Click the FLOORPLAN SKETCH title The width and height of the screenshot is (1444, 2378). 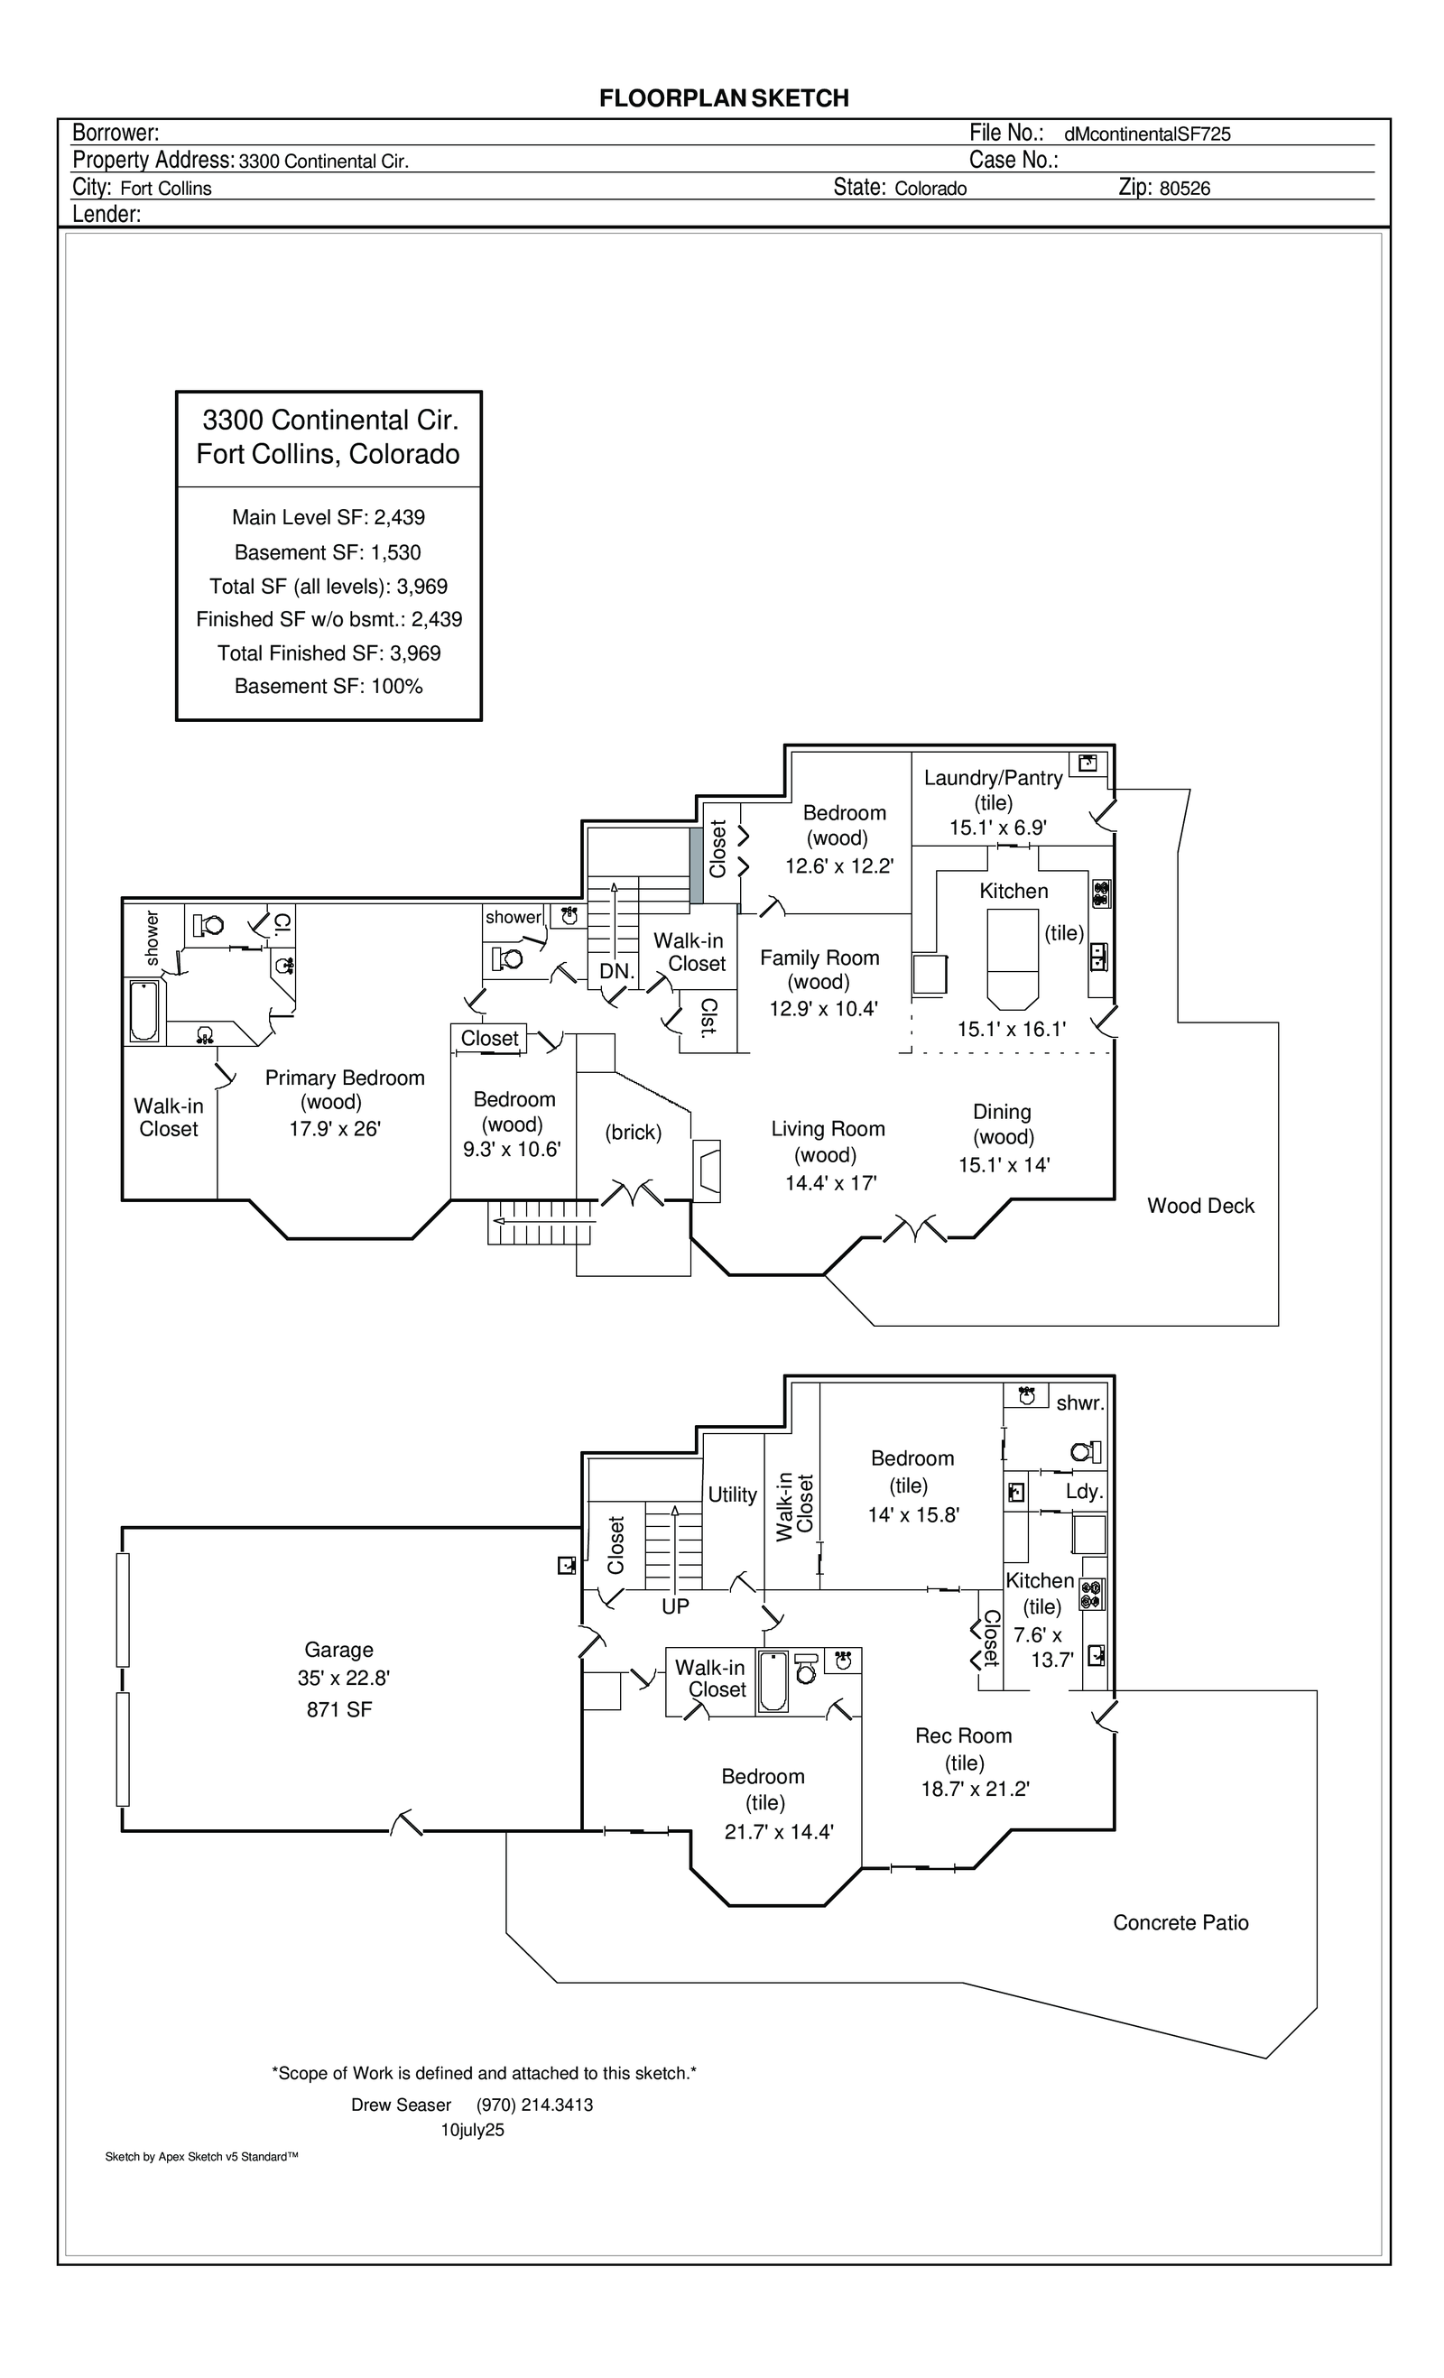(x=724, y=98)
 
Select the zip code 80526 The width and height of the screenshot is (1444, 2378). (x=1184, y=189)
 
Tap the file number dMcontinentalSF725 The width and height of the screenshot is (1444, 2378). (x=1147, y=135)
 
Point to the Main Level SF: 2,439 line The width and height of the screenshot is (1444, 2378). (x=329, y=517)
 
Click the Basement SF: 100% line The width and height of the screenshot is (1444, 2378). (x=329, y=686)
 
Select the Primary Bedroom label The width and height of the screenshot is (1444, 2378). (x=345, y=1078)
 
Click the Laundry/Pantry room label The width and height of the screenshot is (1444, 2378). (x=994, y=778)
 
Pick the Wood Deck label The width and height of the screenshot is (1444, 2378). (x=1200, y=1206)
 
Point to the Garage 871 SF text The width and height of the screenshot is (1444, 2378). (x=338, y=1709)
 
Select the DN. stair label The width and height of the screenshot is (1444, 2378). (x=616, y=971)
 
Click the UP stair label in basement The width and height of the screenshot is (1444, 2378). (x=676, y=1605)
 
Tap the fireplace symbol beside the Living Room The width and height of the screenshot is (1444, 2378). (x=708, y=1170)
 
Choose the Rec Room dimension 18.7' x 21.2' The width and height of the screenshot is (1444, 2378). (x=975, y=1789)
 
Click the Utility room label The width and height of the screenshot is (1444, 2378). (x=733, y=1494)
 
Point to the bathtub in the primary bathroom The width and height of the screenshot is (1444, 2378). (x=144, y=1011)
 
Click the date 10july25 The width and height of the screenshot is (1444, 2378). (x=472, y=2130)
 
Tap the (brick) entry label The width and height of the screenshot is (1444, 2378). (x=634, y=1132)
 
